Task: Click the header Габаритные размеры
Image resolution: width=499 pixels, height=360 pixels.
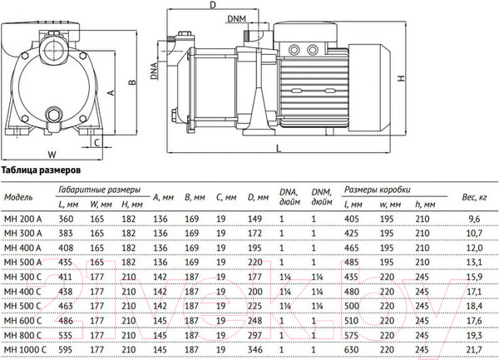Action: pyautogui.click(x=94, y=190)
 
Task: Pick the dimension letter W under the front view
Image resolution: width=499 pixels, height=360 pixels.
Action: pyautogui.click(x=51, y=153)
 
